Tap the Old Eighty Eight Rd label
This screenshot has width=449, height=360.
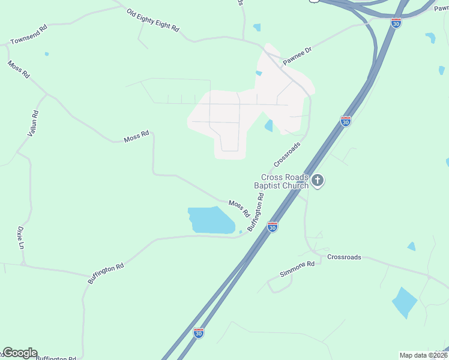[x=153, y=20]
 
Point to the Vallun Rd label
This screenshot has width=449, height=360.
[x=34, y=123]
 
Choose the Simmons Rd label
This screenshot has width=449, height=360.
[x=297, y=269]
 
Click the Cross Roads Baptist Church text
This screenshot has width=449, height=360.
[x=281, y=181]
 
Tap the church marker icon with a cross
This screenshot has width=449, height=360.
[x=318, y=180]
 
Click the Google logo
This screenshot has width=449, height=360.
[x=19, y=353]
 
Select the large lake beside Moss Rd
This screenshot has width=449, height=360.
[x=210, y=220]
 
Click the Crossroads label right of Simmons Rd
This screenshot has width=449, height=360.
[x=344, y=257]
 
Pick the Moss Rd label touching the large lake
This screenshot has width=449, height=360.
[x=239, y=208]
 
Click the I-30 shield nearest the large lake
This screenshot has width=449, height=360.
[x=273, y=227]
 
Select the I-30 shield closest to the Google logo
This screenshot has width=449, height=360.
[x=198, y=332]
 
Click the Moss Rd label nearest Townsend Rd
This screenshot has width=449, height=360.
[x=18, y=69]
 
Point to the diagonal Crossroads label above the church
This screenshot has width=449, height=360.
[x=287, y=154]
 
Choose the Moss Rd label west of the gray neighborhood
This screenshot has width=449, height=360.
[x=136, y=137]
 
